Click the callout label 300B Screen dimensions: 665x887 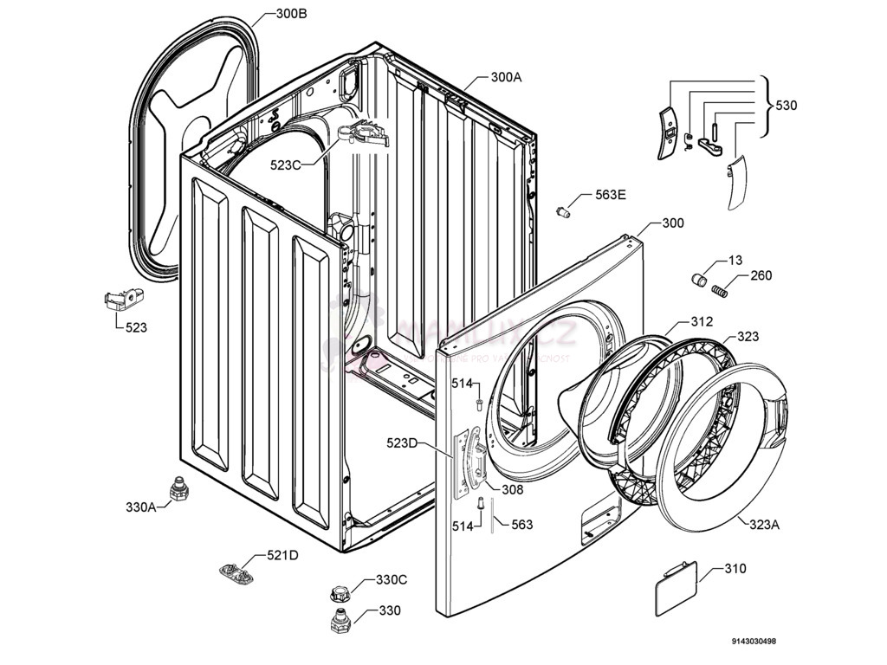pyautogui.click(x=291, y=14)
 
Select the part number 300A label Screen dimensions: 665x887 pyautogui.click(x=506, y=77)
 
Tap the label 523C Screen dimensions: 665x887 pyautogui.click(x=286, y=165)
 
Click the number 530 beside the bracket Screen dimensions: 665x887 pyautogui.click(x=787, y=106)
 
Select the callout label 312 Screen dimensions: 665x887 pyautogui.click(x=702, y=322)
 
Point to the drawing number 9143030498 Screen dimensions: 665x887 pyautogui.click(x=754, y=642)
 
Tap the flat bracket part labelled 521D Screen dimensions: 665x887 pyautogui.click(x=236, y=572)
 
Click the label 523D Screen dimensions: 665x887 pyautogui.click(x=402, y=443)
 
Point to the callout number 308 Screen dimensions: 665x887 pyautogui.click(x=513, y=489)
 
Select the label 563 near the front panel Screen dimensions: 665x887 pyautogui.click(x=521, y=525)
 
